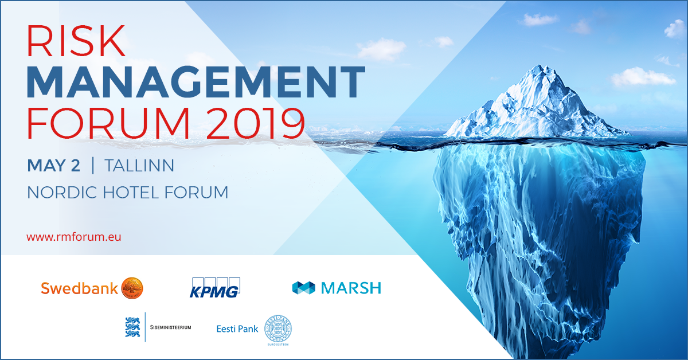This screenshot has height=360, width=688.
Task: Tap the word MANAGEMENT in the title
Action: pyautogui.click(x=196, y=82)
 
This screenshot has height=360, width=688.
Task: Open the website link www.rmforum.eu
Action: pyautogui.click(x=74, y=236)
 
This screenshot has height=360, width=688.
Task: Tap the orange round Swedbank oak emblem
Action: pyautogui.click(x=132, y=288)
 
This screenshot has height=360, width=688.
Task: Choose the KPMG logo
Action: pyautogui.click(x=214, y=287)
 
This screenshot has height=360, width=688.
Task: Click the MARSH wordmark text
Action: pyautogui.click(x=351, y=288)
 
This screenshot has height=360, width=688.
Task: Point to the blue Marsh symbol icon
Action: pyautogui.click(x=304, y=288)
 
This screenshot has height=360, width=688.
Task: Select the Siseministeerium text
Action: pyautogui.click(x=170, y=327)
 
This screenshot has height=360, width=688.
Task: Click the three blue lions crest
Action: pyautogui.click(x=132, y=327)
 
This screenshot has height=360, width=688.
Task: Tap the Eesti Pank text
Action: pyautogui.click(x=237, y=329)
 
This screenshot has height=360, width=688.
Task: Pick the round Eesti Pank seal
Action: pyautogui.click(x=277, y=329)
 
